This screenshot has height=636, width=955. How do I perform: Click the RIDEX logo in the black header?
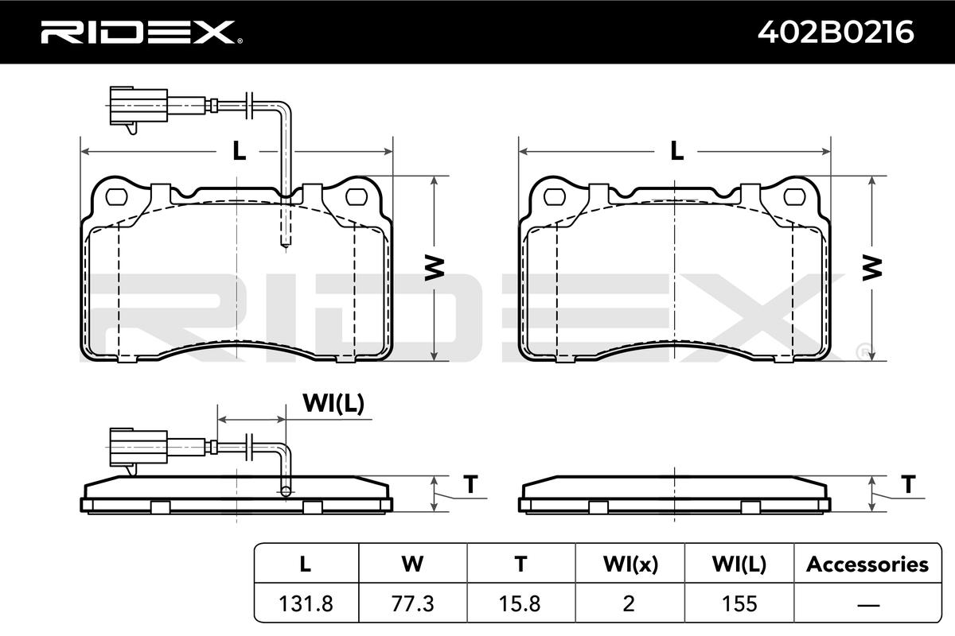142,33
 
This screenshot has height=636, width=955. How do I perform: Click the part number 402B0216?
836,33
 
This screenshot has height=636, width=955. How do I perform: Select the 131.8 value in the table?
306,603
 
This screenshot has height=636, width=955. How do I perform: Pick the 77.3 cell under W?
413,603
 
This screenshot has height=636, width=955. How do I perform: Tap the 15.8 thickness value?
520,603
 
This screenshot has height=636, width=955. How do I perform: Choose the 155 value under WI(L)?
739,603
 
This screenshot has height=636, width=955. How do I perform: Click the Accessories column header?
867,564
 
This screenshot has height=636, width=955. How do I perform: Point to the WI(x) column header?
630,564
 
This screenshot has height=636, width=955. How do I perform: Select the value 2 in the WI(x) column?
629,603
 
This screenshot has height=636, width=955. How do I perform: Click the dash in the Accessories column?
867,604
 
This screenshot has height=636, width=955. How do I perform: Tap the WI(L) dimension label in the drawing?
333,403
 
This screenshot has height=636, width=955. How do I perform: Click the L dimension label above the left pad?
240,151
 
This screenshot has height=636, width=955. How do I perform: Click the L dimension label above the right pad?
677,151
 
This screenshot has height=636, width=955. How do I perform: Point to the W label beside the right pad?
872,268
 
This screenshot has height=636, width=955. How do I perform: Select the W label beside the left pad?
435,268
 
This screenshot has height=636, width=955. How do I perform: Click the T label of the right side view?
908,484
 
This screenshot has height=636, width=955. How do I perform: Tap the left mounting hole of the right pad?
555,197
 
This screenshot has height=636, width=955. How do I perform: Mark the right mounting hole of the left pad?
357,197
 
